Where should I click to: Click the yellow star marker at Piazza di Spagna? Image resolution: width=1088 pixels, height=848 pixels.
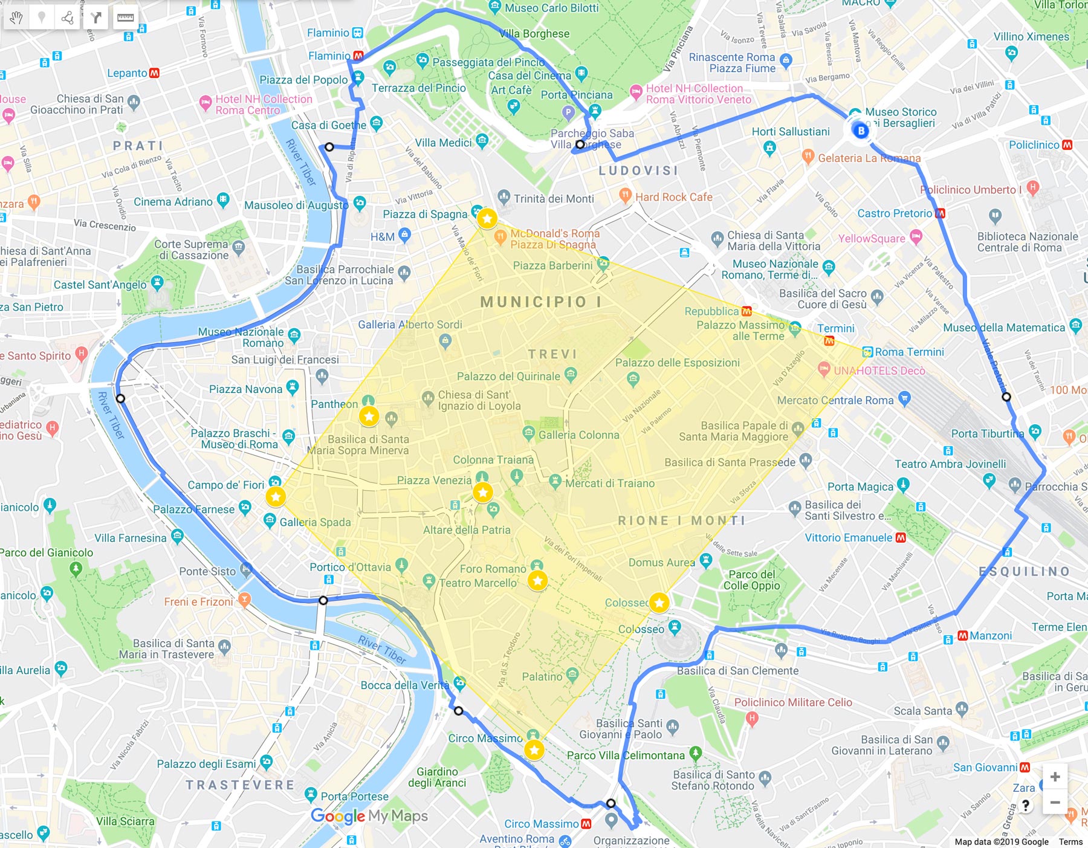click(x=487, y=218)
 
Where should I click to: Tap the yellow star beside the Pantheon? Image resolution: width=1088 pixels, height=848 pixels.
click(x=369, y=416)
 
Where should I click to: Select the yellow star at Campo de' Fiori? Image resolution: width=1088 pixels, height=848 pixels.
click(x=276, y=497)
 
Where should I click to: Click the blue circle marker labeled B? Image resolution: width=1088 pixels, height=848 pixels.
click(x=861, y=130)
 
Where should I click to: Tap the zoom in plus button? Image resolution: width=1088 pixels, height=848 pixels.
click(x=1055, y=777)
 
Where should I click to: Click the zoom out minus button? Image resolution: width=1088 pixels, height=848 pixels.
click(x=1055, y=803)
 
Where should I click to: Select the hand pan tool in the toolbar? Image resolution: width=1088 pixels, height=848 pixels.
click(x=16, y=18)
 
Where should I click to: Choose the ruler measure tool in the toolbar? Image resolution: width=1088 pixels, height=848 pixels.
click(x=125, y=18)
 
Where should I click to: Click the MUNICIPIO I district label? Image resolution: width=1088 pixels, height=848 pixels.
click(x=540, y=302)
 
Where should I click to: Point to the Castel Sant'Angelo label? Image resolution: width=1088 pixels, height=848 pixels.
click(x=100, y=285)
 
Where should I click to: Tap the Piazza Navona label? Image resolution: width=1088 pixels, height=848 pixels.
click(x=245, y=389)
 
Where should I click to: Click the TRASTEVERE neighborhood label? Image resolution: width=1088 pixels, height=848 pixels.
click(x=240, y=785)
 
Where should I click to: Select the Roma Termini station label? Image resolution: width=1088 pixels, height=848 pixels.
click(x=909, y=352)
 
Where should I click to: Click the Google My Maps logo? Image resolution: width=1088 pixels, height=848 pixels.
click(x=369, y=816)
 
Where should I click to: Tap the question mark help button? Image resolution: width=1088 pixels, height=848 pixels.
click(x=1026, y=805)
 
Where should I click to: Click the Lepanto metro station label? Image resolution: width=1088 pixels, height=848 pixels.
click(x=128, y=73)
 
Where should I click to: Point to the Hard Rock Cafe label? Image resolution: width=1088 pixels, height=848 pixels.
click(x=673, y=197)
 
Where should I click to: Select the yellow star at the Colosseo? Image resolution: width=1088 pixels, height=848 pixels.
click(x=659, y=603)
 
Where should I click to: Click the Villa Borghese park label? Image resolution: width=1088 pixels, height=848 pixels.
click(x=534, y=34)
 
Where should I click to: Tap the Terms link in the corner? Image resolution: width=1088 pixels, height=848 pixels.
click(x=1070, y=841)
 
